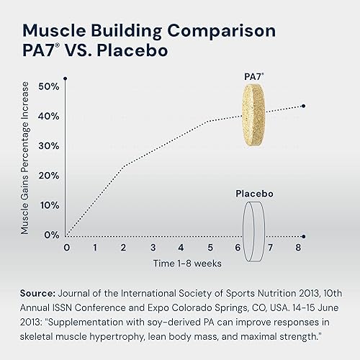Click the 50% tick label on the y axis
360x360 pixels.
tap(50, 86)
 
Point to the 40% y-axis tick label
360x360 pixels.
tap(50, 116)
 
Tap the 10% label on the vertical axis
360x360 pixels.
tap(50, 205)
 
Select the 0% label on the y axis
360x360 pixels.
tap(53, 235)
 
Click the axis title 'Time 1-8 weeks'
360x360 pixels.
tap(186, 264)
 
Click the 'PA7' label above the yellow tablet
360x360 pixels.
tap(253, 75)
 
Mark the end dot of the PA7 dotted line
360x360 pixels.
tap(303, 106)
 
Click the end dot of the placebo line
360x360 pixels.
tap(303, 235)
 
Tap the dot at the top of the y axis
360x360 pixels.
tap(66, 78)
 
